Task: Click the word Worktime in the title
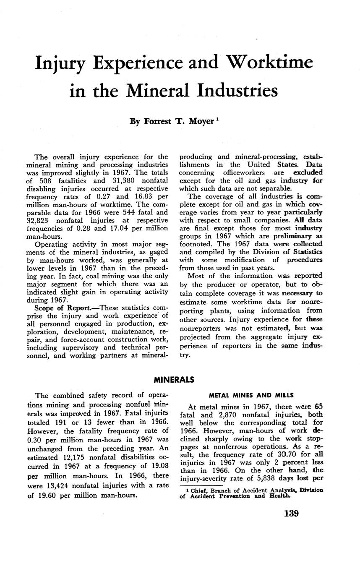(x=270, y=63)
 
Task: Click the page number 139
(x=285, y=514)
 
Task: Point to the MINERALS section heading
(x=174, y=380)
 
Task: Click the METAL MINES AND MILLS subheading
(x=251, y=395)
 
